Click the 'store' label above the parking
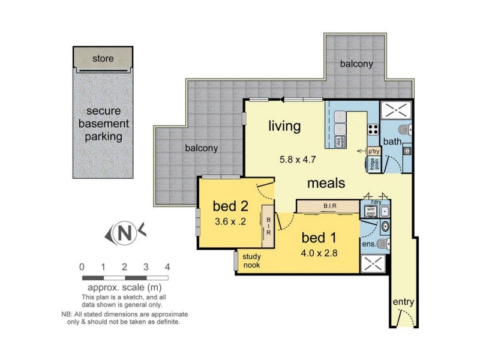103,59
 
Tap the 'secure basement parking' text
103,124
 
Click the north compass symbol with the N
125,233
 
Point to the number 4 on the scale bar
168,267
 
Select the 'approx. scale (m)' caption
126,287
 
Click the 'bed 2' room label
230,207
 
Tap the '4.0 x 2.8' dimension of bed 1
319,253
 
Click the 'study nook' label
251,261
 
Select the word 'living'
284,125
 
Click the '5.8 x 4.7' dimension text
299,160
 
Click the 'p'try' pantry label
374,151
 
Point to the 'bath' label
392,142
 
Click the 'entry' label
403,302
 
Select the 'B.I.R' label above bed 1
329,206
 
